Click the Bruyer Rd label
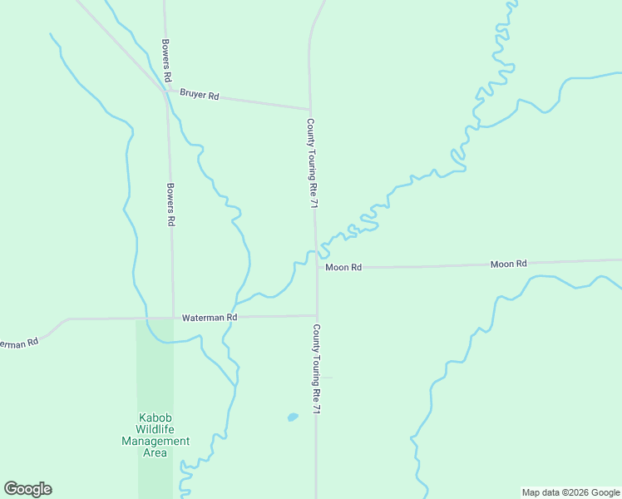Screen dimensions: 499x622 (199, 96)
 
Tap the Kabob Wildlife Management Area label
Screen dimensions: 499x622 (155, 435)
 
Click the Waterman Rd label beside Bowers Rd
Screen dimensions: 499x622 (210, 318)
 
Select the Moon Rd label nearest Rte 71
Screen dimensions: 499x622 (343, 267)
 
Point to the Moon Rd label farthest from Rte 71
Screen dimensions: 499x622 (509, 264)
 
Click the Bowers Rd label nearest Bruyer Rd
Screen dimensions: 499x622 (167, 60)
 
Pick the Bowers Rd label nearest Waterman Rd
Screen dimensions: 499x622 (170, 205)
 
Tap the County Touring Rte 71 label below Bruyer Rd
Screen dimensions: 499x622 (311, 163)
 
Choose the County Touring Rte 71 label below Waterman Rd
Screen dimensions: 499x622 (316, 369)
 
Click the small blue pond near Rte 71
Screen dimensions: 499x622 (292, 417)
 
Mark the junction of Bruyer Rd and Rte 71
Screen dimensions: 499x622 (310, 109)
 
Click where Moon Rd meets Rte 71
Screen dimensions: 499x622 (316, 268)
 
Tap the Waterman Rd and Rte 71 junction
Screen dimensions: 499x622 (316, 316)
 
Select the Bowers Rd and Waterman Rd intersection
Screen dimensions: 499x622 (173, 318)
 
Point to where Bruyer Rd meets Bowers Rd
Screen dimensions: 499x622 (165, 91)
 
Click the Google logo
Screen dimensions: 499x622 (27, 489)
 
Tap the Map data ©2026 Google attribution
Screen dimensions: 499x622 (571, 492)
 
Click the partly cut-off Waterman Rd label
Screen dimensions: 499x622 (18, 343)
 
